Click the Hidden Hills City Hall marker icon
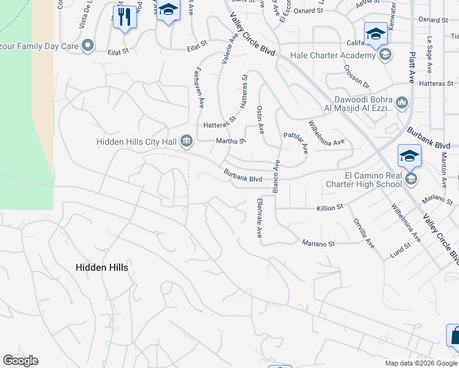tap(187, 142)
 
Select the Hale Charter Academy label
tap(332, 56)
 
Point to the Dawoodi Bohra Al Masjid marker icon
tap(402, 102)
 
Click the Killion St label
tap(330, 209)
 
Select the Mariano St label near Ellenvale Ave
tap(318, 243)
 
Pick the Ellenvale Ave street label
tap(260, 218)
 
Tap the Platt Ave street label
tap(412, 67)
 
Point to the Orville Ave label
tap(362, 233)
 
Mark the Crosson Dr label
tap(357, 77)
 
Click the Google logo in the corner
tap(20, 361)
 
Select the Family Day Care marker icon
tap(89, 44)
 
